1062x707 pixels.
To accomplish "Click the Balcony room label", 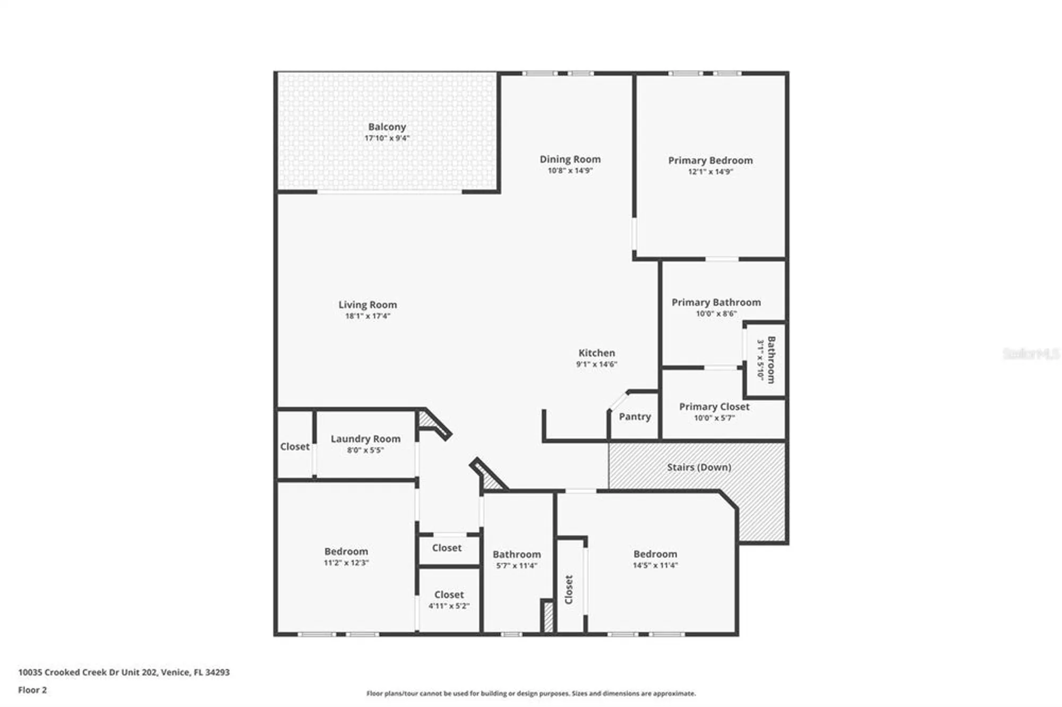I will coord(387,127).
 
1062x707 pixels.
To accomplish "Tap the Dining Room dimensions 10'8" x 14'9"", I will coord(570,171).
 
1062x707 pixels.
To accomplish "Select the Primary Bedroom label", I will coord(710,160).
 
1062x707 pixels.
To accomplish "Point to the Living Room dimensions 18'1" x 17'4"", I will coord(367,316).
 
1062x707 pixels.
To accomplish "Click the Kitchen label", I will coord(596,353).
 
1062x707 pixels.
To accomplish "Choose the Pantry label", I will coord(635,417).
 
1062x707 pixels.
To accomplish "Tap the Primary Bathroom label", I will coord(716,303).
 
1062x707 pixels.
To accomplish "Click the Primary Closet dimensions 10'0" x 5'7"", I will coord(714,418).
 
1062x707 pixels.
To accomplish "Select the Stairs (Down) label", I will coord(699,467).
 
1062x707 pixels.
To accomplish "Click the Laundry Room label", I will coord(365,439).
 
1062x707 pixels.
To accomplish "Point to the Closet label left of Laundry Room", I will coord(295,447).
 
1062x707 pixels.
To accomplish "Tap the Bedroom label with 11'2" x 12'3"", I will coord(346,551).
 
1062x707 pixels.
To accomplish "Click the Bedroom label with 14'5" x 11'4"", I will coord(655,554).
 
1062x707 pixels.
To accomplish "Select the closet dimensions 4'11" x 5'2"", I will coord(449,606).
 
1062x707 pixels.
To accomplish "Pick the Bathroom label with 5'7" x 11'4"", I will coord(516,555).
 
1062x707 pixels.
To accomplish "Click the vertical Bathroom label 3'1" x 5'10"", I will coord(771,360).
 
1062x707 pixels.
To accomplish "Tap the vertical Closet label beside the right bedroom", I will coord(569,589).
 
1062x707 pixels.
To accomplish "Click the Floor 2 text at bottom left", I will coord(32,690).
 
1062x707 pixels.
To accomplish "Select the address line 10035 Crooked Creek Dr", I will coord(124,672).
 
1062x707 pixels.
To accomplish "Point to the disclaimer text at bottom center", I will coord(530,693).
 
